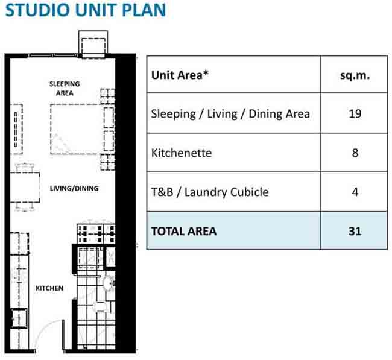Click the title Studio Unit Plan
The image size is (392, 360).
click(x=86, y=10)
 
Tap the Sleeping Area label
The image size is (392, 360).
click(x=65, y=89)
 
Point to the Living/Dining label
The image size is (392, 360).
click(x=74, y=188)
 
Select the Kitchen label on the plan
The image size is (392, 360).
click(x=49, y=288)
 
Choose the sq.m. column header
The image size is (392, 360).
click(x=355, y=75)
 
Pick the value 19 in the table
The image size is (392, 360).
click(x=355, y=114)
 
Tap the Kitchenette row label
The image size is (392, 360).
click(x=182, y=153)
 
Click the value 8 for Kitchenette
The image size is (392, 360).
click(x=355, y=153)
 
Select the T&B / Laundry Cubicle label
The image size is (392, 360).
click(x=210, y=192)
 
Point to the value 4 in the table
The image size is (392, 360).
click(x=355, y=192)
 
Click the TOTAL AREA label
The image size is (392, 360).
click(x=184, y=231)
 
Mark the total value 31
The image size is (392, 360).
click(x=355, y=231)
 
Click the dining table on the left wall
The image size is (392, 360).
click(x=25, y=187)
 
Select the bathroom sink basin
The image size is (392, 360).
click(x=109, y=283)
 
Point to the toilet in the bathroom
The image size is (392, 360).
click(x=102, y=306)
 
